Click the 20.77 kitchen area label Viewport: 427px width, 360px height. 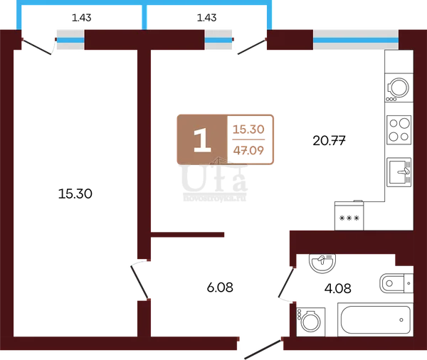(329, 141)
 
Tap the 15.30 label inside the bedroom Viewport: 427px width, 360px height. (75, 194)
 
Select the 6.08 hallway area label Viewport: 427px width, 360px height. (220, 287)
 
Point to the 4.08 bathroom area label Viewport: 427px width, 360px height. (337, 288)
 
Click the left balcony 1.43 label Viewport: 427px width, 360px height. (81, 18)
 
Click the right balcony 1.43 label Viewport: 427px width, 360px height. (206, 18)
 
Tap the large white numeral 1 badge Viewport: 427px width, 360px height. (202, 140)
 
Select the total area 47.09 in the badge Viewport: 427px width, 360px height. (248, 150)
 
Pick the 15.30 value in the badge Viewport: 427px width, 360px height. (248, 129)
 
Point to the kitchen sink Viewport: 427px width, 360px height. (399, 172)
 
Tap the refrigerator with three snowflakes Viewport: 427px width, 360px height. (349, 216)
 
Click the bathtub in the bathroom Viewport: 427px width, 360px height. (376, 319)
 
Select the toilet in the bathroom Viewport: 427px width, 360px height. (396, 283)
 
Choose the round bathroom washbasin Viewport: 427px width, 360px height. (322, 263)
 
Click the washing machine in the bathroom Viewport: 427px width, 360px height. (311, 322)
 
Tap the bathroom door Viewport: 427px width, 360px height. (286, 283)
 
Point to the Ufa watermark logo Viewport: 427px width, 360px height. (215, 180)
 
